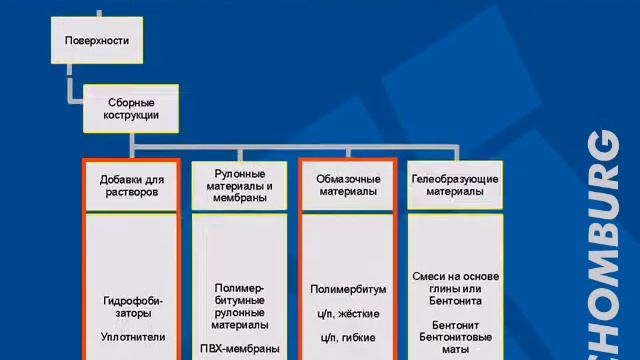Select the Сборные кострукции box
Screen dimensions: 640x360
(x=131, y=108)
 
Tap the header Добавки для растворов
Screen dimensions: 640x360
(x=131, y=185)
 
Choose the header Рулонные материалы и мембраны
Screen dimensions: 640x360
(x=239, y=185)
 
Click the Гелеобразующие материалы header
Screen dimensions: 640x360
(x=455, y=185)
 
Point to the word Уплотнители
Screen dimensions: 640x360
(x=133, y=337)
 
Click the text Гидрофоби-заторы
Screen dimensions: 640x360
(x=133, y=306)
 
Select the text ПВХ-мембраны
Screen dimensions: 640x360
(x=239, y=349)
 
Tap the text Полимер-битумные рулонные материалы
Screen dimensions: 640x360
(x=239, y=306)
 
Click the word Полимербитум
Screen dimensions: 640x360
(x=347, y=289)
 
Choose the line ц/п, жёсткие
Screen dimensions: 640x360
(x=347, y=313)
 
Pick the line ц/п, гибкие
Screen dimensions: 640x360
(x=347, y=337)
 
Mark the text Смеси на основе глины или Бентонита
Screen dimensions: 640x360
(x=455, y=288)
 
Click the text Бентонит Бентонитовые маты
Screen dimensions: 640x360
(x=455, y=338)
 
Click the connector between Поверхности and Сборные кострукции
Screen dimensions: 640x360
(x=70, y=84)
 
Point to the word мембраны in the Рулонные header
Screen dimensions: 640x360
(x=239, y=198)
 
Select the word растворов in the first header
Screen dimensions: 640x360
(x=131, y=192)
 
